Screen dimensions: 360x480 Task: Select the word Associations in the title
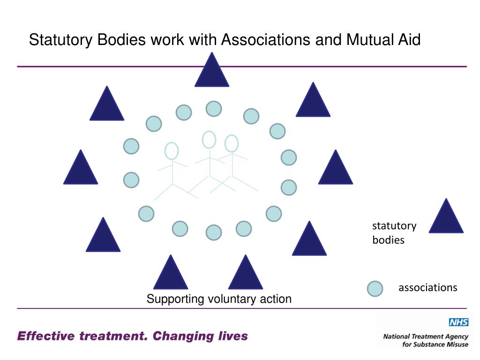pyautogui.click(x=265, y=40)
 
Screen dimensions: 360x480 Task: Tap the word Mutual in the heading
pyautogui.click(x=368, y=40)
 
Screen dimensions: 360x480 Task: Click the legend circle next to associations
pyautogui.click(x=375, y=289)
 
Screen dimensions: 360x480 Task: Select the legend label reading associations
pyautogui.click(x=427, y=287)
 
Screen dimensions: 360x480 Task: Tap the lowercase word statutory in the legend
pyautogui.click(x=394, y=226)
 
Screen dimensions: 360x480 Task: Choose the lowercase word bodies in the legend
pyautogui.click(x=388, y=240)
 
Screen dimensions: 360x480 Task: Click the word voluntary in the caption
pyautogui.click(x=232, y=299)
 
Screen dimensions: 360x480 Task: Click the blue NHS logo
pyautogui.click(x=458, y=322)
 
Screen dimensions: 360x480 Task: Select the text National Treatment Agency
pyautogui.click(x=426, y=337)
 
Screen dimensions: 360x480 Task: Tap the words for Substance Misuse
pyautogui.click(x=435, y=345)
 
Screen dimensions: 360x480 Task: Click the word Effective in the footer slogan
pyautogui.click(x=46, y=336)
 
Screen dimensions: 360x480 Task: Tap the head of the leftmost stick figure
pyautogui.click(x=172, y=151)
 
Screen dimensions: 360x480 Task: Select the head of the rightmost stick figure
pyautogui.click(x=232, y=143)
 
